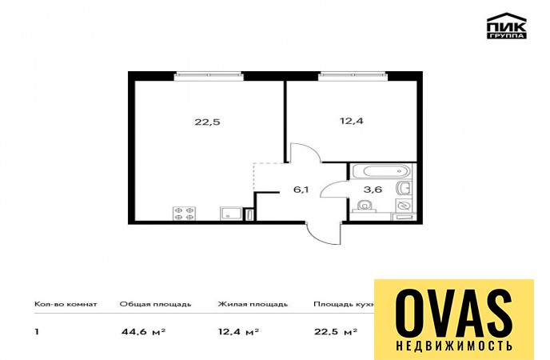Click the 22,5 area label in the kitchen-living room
207,122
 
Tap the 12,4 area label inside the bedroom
352,121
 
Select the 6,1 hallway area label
301,190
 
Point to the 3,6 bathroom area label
373,190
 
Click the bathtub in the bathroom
381,171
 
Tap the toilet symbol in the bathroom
365,206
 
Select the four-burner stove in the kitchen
184,214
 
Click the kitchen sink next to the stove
230,214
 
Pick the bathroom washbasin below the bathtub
404,188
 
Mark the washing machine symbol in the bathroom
404,205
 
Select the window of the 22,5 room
209,76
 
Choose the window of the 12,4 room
353,76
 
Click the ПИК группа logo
506,26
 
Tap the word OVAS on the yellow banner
454,314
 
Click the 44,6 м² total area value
143,331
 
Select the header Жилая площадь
253,304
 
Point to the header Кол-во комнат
66,304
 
